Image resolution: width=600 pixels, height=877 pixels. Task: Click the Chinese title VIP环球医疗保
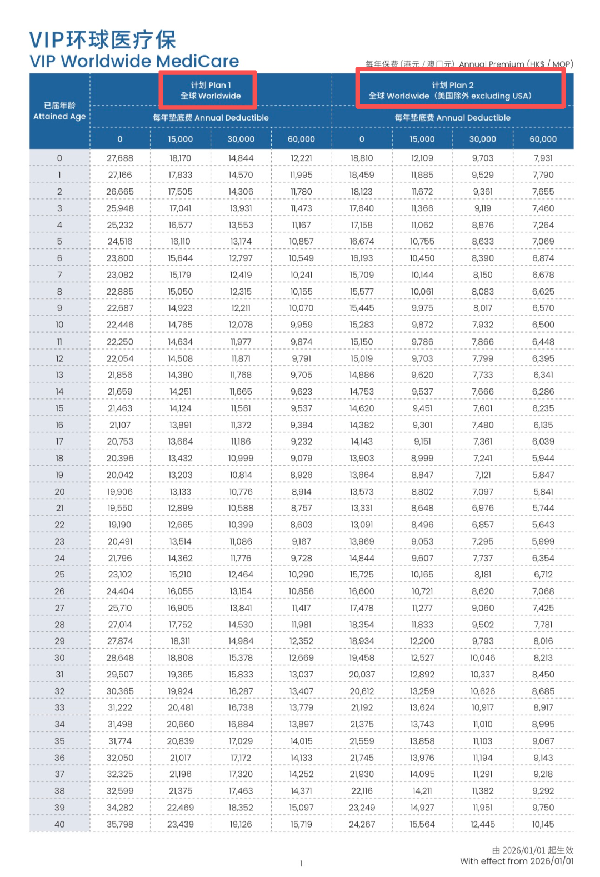[x=103, y=40]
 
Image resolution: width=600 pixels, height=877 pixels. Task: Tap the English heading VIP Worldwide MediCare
[x=134, y=61]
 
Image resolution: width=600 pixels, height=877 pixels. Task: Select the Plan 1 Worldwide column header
[x=210, y=90]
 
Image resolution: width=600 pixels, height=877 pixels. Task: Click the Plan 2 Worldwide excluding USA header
[x=452, y=90]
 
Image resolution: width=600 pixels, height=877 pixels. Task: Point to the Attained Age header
[x=59, y=111]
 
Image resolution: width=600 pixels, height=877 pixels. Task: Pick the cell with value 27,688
[x=119, y=158]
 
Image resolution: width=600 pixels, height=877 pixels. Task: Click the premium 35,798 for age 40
[x=119, y=824]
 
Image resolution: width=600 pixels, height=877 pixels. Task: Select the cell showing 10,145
[x=543, y=824]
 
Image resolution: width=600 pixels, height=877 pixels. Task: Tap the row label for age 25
[x=59, y=575]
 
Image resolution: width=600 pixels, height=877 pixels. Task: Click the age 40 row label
[x=59, y=824]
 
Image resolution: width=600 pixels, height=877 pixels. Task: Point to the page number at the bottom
[x=301, y=863]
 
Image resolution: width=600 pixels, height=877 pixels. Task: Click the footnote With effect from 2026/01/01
[x=517, y=861]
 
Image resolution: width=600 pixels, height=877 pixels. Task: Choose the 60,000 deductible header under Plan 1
[x=301, y=139]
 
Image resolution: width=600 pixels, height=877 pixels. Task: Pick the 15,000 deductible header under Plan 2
[x=422, y=139]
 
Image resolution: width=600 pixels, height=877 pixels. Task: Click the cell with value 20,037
[x=362, y=675]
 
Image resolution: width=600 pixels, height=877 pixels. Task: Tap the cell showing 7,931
[x=543, y=158]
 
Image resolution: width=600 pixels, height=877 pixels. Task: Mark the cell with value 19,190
[x=119, y=525]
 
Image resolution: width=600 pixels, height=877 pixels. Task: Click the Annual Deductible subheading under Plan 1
[x=211, y=118]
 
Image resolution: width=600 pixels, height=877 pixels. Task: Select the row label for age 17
[x=59, y=442]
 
